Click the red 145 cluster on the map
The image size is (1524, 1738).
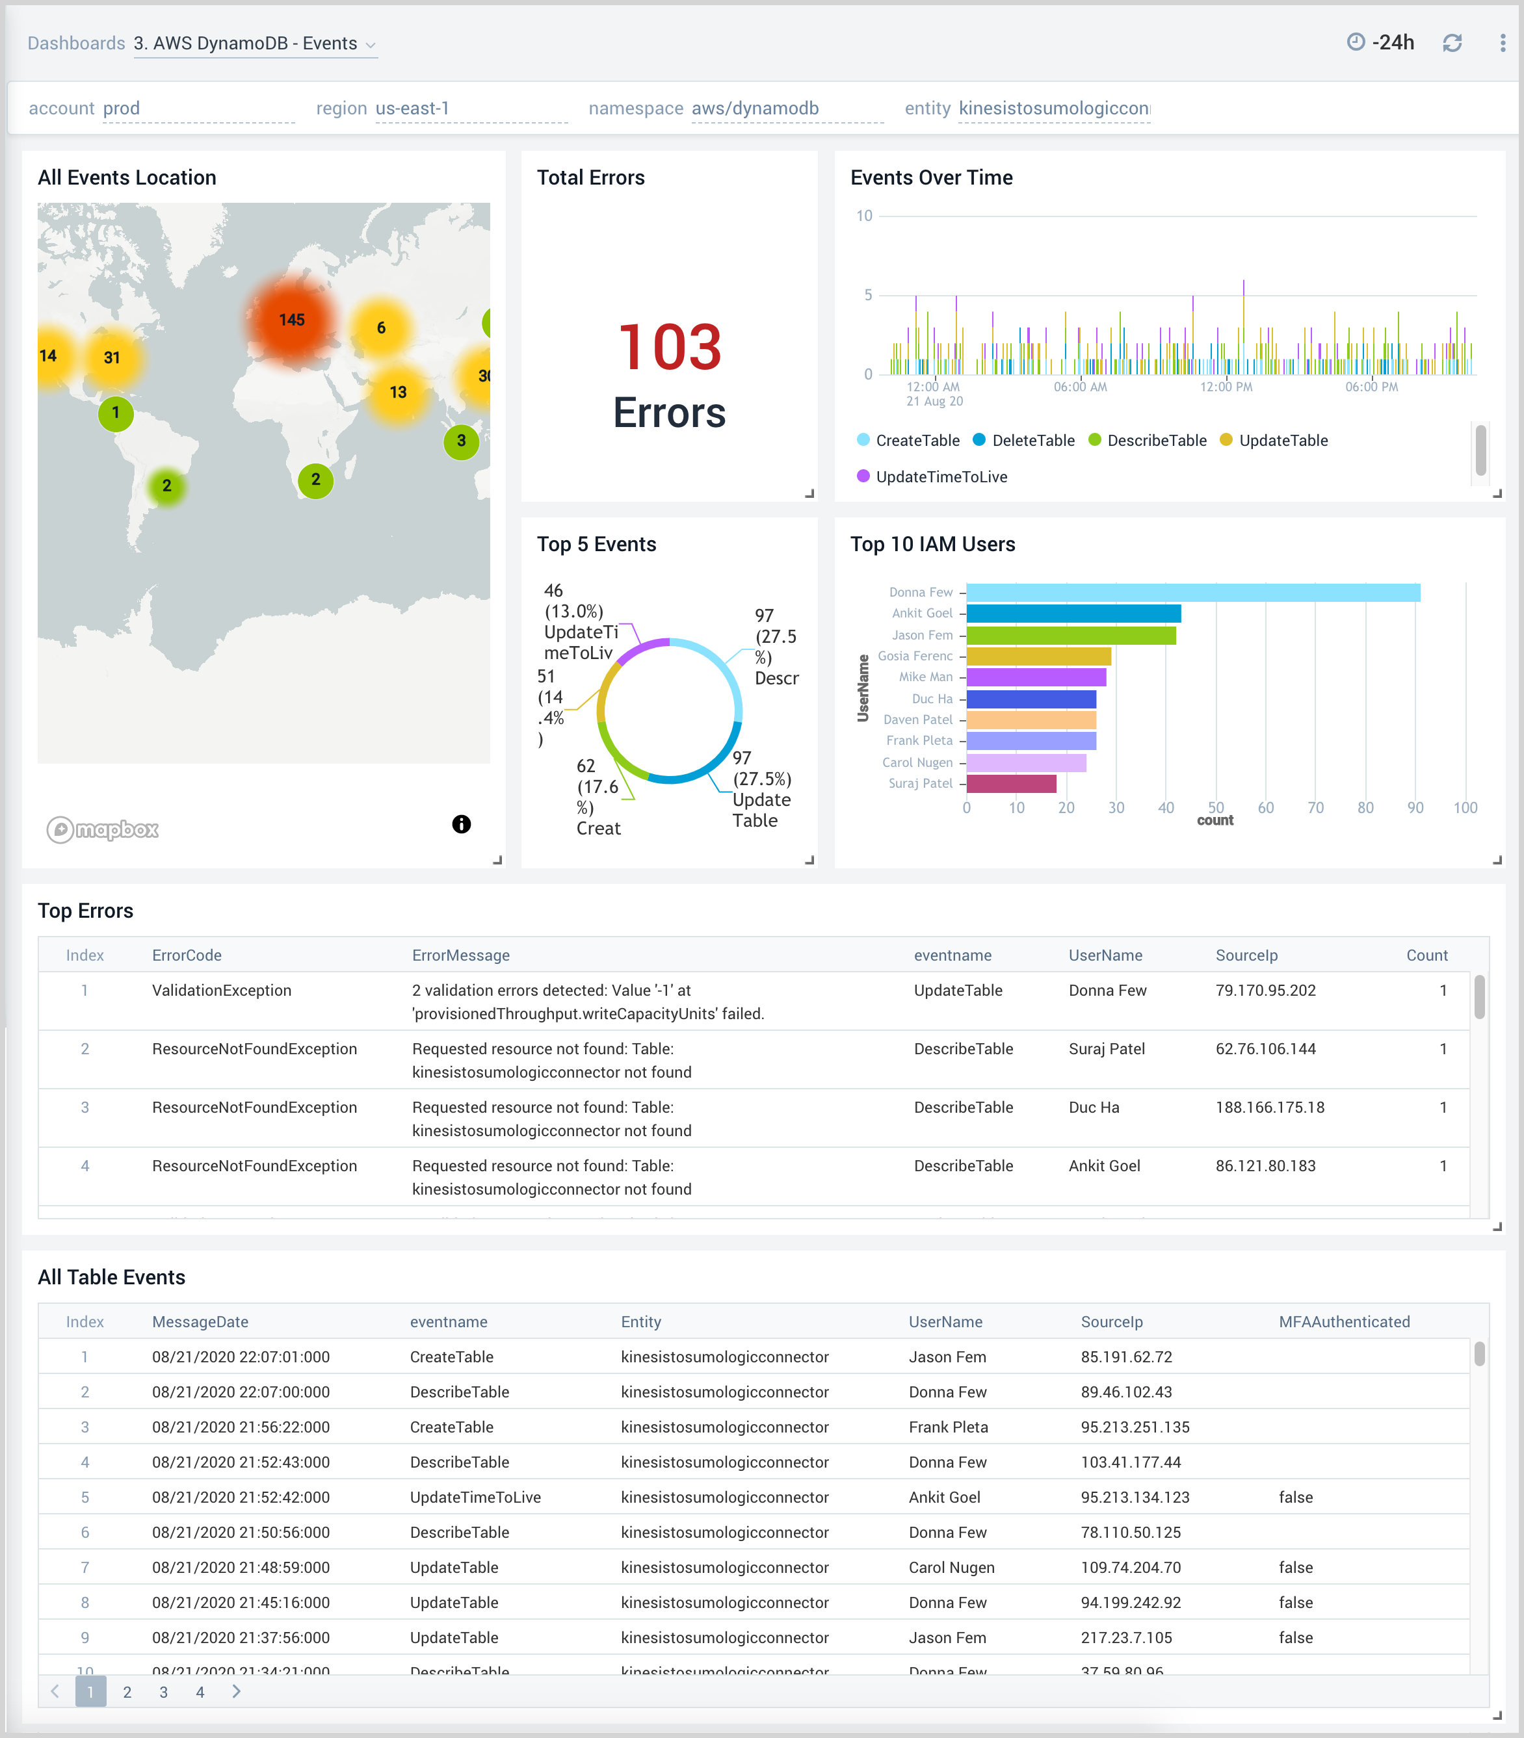click(291, 320)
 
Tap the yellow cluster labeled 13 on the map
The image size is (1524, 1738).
click(397, 392)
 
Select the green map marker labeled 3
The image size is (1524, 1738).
click(461, 441)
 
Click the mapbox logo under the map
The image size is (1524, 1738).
click(103, 829)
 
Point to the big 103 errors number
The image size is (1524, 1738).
click(669, 347)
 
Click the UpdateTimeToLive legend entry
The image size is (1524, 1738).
click(941, 477)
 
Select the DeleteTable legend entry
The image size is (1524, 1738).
click(1032, 441)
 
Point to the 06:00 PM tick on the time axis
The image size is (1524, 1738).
click(1371, 387)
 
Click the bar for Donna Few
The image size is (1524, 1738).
click(1192, 593)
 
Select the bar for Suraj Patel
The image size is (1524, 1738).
click(1011, 784)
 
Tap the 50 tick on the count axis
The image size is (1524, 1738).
click(1215, 808)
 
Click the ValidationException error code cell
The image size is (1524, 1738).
click(221, 990)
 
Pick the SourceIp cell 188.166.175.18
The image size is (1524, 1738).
click(1269, 1107)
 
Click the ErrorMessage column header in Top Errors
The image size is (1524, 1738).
click(460, 955)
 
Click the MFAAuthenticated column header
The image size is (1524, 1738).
click(1344, 1321)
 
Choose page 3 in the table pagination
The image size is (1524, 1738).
click(163, 1692)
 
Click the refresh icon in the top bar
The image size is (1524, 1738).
click(1452, 42)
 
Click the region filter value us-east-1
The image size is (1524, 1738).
click(412, 108)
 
